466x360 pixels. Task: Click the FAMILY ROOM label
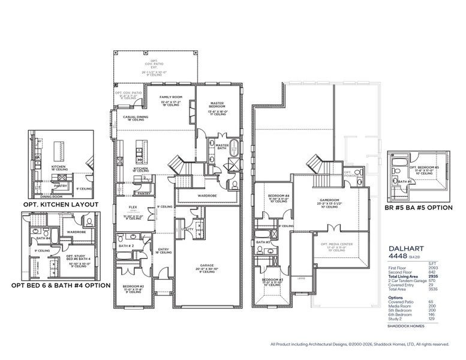pos(170,96)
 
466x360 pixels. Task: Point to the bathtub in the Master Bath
pos(234,148)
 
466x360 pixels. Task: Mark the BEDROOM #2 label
pos(133,286)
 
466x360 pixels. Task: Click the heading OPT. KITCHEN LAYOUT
pos(61,205)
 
